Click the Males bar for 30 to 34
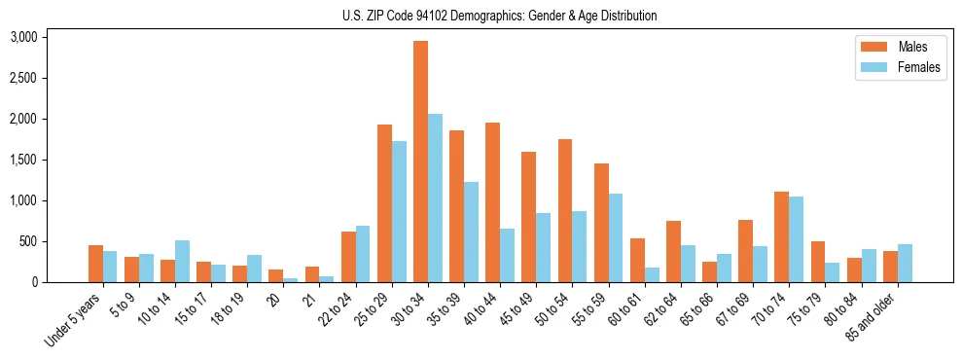pyautogui.click(x=421, y=162)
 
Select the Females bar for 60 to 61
pyautogui.click(x=652, y=274)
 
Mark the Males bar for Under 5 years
pyautogui.click(x=95, y=264)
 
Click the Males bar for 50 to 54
pyautogui.click(x=565, y=210)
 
